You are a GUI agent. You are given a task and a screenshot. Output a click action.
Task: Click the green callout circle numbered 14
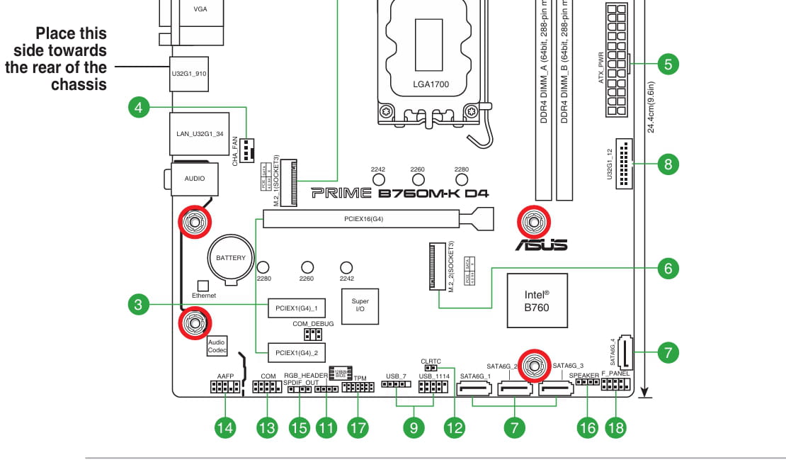(x=225, y=427)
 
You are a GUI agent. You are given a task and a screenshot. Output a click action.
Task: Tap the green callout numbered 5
(x=667, y=64)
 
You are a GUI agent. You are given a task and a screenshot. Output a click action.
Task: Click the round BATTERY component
(x=231, y=258)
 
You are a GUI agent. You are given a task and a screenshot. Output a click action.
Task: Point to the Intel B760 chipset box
(x=537, y=301)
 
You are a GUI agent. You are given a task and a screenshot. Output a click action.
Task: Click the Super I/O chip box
(x=360, y=305)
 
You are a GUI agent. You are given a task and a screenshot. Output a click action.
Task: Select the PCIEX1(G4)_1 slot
(x=296, y=308)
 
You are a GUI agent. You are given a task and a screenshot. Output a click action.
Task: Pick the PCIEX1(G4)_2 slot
(x=296, y=352)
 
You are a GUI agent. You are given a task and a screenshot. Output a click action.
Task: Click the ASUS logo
(x=541, y=245)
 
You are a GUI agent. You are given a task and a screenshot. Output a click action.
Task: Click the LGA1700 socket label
(x=431, y=84)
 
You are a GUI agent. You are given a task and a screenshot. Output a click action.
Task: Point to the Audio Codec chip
(x=216, y=346)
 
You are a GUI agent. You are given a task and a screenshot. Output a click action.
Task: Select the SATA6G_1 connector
(x=475, y=389)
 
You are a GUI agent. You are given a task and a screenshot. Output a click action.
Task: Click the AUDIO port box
(x=194, y=179)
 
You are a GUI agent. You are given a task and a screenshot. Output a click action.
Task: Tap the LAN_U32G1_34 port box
(x=200, y=133)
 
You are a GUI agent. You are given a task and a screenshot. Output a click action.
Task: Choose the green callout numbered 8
(x=667, y=165)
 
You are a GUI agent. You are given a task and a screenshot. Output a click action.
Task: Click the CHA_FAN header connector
(x=246, y=150)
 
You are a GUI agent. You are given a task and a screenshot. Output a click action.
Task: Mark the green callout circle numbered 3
(x=139, y=305)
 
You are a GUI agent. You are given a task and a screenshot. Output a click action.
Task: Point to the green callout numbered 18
(x=615, y=427)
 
